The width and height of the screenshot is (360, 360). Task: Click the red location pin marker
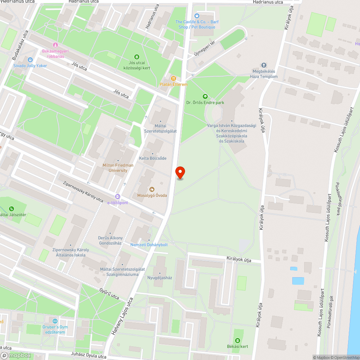coord(180,172)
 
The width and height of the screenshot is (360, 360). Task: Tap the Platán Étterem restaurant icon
coord(174,78)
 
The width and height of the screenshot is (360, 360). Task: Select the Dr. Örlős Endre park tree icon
coord(205,96)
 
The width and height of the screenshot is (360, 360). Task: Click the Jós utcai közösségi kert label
coord(137,66)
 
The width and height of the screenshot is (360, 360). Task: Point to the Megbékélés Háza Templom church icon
coord(264,65)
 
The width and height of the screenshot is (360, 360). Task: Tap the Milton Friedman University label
coord(118,168)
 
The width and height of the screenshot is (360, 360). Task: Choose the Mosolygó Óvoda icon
coord(152,189)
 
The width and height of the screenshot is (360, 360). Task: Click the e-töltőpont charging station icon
coord(118,197)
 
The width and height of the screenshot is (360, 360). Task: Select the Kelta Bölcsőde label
coord(153,158)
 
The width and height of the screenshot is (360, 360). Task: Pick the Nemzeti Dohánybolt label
coord(149,245)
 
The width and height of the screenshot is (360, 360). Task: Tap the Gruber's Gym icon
coord(55,321)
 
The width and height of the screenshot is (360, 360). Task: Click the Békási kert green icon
coord(237,341)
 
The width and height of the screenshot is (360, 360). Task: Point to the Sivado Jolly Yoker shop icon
coord(30,59)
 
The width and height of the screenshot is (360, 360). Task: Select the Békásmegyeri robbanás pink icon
coord(55,45)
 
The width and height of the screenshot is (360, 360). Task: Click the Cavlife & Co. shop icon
coord(197,15)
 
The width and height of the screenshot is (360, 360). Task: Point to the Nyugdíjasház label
coord(160,278)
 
